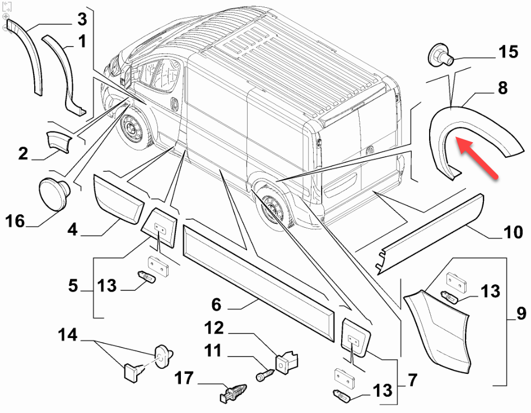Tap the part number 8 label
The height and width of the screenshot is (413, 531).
pyautogui.click(x=502, y=87)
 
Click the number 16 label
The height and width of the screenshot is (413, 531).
pyautogui.click(x=16, y=222)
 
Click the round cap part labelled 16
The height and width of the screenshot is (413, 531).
pyautogui.click(x=54, y=194)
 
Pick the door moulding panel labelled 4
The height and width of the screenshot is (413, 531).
pyautogui.click(x=118, y=199)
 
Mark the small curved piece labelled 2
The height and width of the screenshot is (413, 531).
pyautogui.click(x=59, y=140)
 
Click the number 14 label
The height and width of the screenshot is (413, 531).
pyautogui.click(x=68, y=335)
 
